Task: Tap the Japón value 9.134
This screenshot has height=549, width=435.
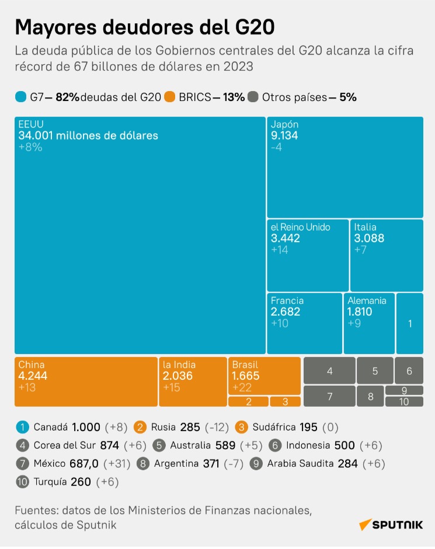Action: coord(285,135)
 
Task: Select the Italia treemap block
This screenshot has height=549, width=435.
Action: coord(386,255)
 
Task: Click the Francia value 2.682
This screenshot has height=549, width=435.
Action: coord(286,312)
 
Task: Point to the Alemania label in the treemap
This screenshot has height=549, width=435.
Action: coord(367,300)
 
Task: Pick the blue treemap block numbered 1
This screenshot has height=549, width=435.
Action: coord(410,324)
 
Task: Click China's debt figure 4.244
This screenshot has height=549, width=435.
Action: coord(33,376)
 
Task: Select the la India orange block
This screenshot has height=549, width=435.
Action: coord(193,382)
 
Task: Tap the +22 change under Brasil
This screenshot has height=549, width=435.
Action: coord(242,387)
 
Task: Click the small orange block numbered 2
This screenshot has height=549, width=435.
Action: coord(248,401)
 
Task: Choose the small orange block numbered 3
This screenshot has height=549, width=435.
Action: coord(285,401)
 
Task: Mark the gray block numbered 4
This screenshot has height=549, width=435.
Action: coord(329,370)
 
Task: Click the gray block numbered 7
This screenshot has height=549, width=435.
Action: coord(329,396)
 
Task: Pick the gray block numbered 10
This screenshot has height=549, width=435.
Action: coord(404,401)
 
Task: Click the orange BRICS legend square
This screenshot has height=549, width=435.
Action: coord(170,97)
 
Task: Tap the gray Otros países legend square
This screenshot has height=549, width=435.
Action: coord(253,97)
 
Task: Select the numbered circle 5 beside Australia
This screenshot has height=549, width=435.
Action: coord(159,445)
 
